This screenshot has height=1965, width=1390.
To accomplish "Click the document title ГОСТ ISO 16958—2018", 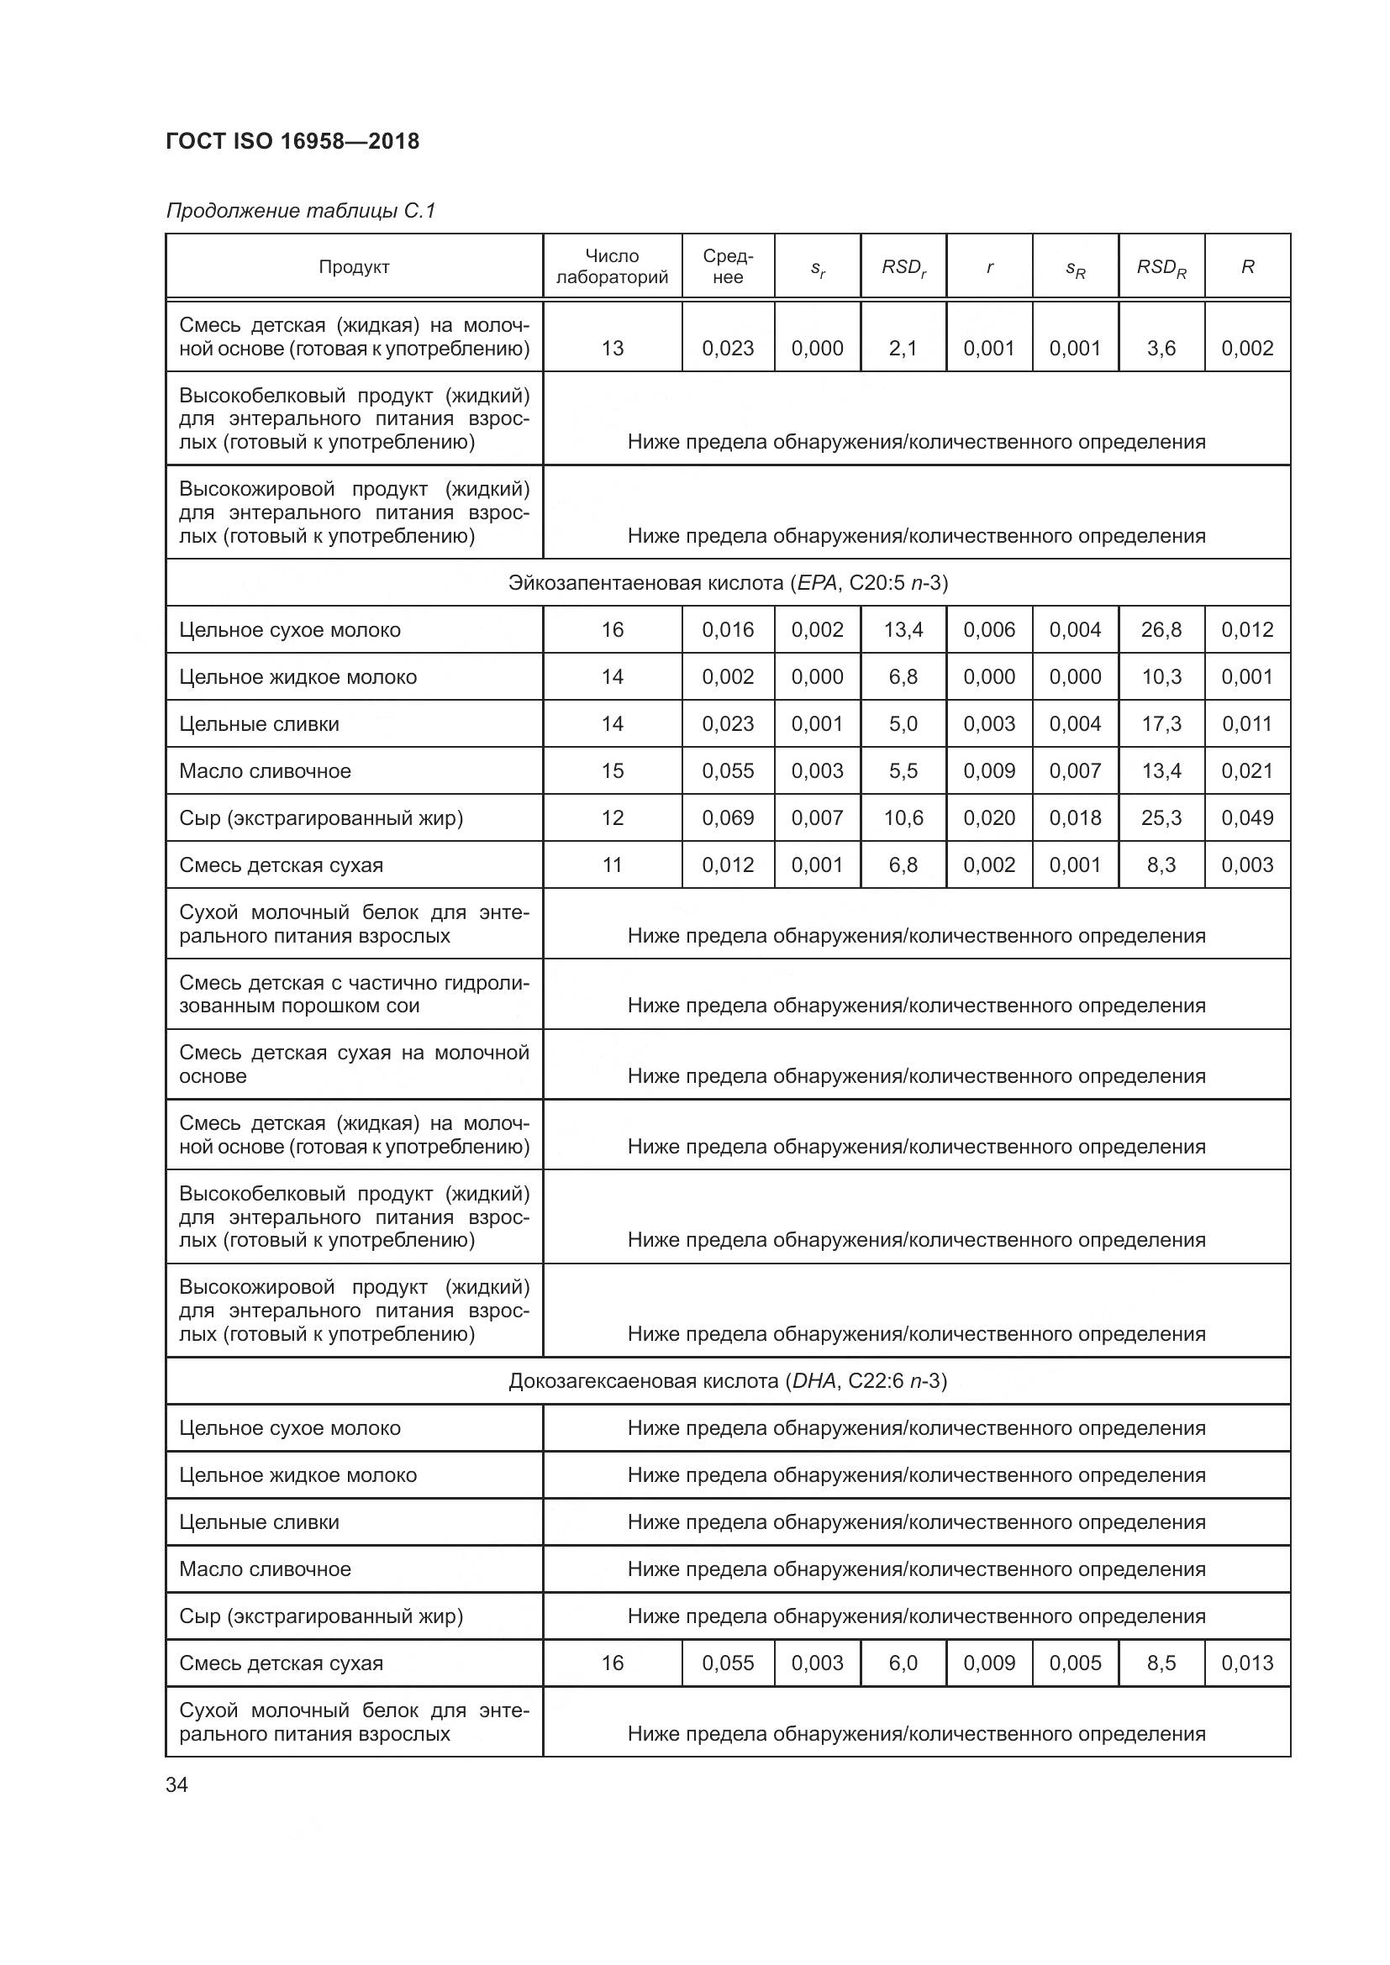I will tap(292, 141).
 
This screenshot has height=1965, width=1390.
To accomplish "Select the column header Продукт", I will tap(354, 267).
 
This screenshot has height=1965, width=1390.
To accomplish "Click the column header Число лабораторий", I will tap(612, 267).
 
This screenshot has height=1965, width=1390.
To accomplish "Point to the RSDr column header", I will tap(903, 268).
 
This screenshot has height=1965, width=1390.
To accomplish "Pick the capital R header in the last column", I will tap(1247, 267).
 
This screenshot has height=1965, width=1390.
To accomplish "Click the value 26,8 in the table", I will tap(1161, 630).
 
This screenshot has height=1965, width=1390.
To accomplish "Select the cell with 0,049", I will tap(1247, 818).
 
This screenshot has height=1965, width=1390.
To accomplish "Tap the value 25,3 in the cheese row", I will tap(1161, 818).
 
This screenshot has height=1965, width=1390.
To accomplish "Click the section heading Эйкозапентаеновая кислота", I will tap(728, 583).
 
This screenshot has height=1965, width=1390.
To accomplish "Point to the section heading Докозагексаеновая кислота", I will tap(728, 1381).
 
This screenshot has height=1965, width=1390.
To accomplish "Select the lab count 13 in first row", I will tap(612, 349).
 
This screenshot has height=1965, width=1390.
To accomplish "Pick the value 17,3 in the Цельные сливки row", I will tap(1161, 724).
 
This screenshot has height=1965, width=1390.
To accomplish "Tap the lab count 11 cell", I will tap(612, 865).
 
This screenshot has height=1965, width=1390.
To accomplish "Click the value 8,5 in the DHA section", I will tap(1161, 1663).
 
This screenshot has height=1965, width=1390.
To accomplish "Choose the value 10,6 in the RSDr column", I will tap(903, 818).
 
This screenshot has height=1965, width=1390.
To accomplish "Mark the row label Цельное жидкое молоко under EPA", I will tap(297, 677).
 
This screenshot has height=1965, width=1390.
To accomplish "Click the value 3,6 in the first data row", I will tap(1161, 349).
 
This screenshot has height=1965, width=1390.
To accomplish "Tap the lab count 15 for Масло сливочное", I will tap(612, 771).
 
